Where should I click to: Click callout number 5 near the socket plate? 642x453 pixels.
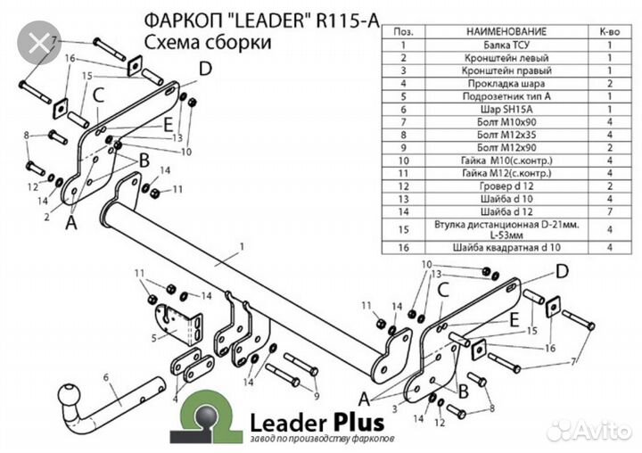152,338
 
